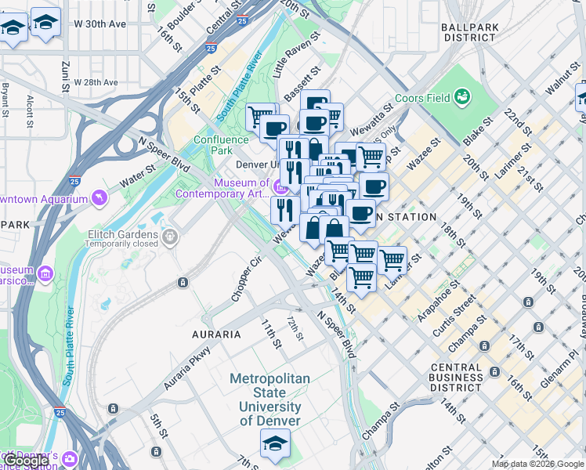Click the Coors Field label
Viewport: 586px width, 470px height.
[x=425, y=98]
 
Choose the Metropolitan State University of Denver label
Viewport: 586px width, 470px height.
[x=269, y=399]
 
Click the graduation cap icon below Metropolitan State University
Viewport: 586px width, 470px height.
[x=274, y=444]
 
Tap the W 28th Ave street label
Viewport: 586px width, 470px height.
[x=96, y=82]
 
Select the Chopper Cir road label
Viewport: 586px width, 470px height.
[x=245, y=280]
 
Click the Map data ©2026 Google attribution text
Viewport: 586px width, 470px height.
[x=537, y=464]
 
